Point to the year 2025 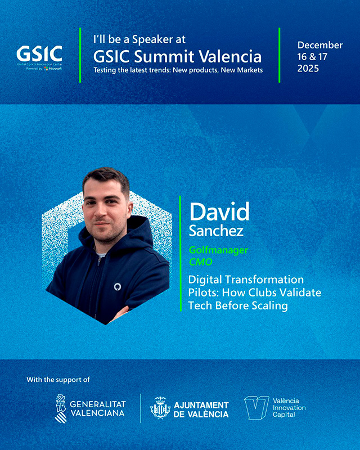[308, 69]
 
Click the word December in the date [320, 45]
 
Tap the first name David [219, 212]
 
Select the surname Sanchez [216, 231]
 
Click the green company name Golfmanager [218, 250]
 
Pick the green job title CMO [201, 262]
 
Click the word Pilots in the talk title [204, 292]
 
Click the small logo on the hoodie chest [118, 287]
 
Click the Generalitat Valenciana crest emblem [61, 408]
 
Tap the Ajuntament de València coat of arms [160, 408]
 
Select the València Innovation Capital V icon [256, 407]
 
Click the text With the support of [58, 380]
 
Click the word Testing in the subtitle [105, 70]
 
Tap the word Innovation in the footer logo [289, 407]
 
